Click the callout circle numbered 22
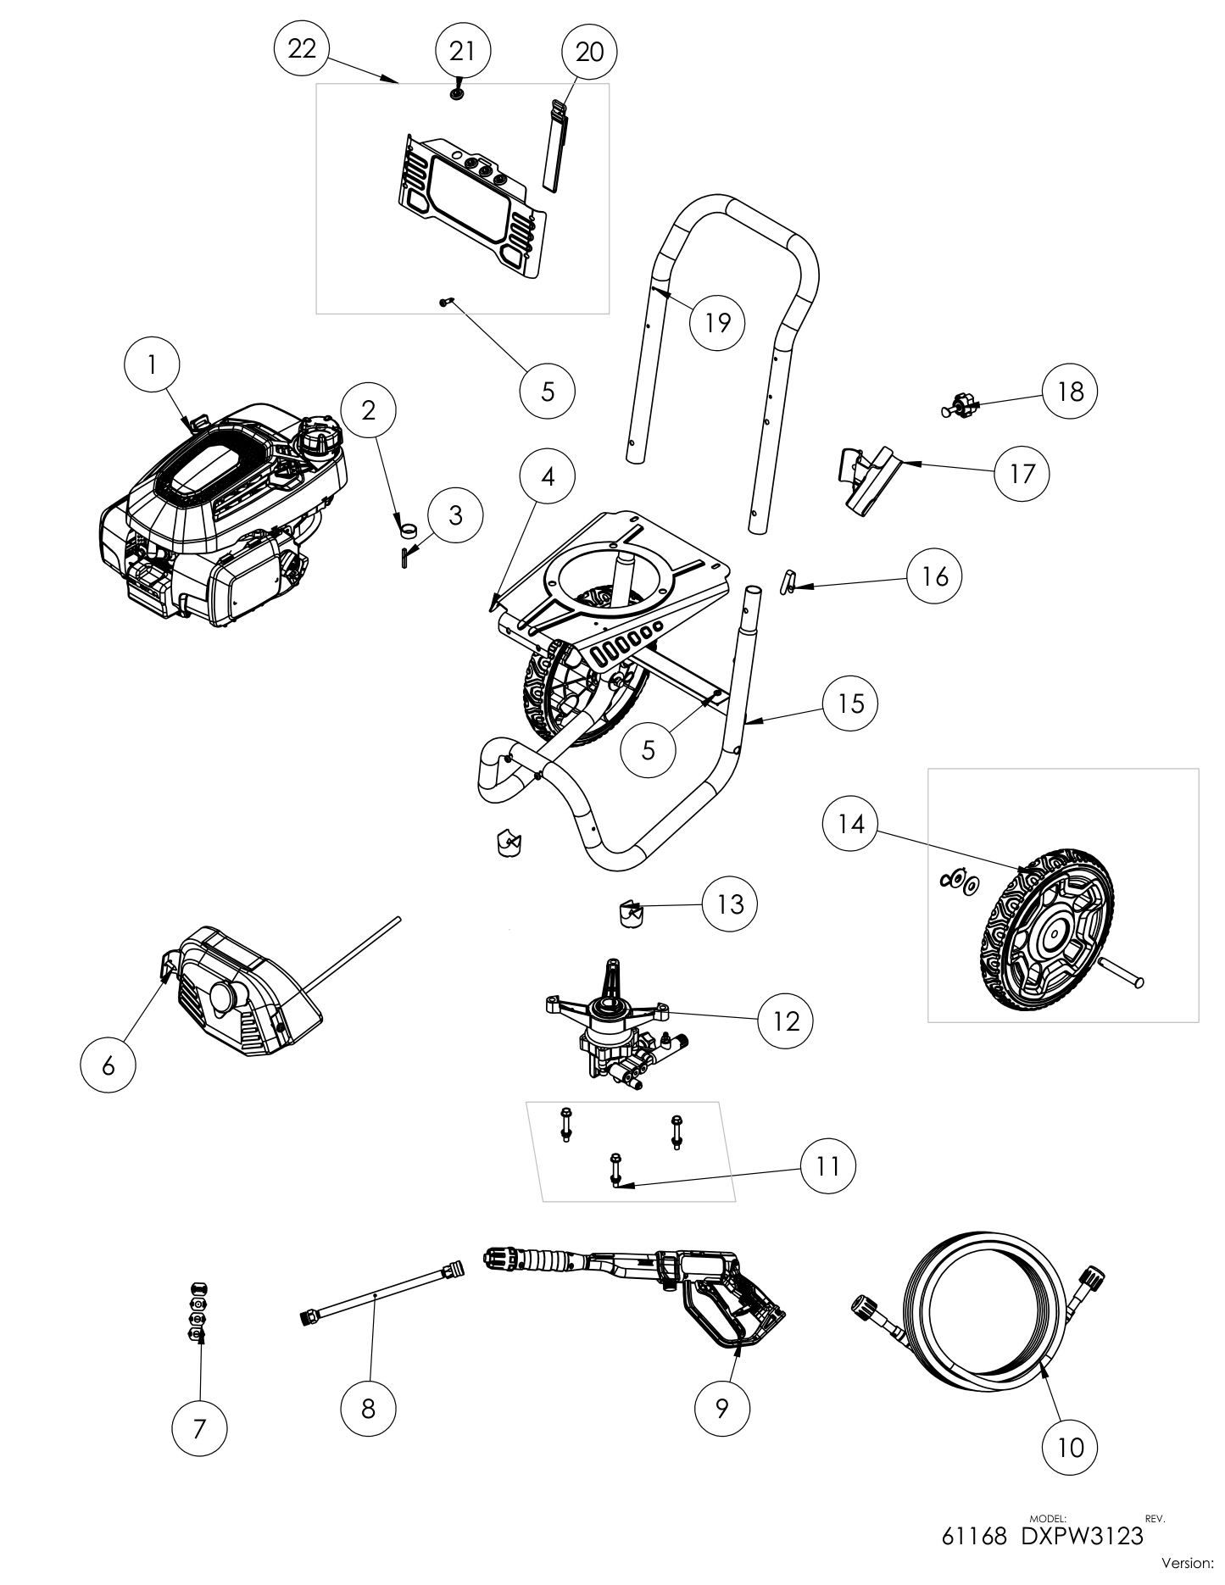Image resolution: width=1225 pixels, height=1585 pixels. click(x=302, y=49)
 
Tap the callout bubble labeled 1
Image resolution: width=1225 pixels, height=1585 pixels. click(x=152, y=364)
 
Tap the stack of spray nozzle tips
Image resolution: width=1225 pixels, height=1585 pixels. click(x=197, y=1310)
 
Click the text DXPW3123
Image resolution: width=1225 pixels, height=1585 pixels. click(x=1082, y=1536)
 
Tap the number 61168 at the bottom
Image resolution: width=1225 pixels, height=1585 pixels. click(x=974, y=1536)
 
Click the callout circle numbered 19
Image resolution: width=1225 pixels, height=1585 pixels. click(x=717, y=322)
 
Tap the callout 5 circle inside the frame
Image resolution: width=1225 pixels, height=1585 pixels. click(x=649, y=749)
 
